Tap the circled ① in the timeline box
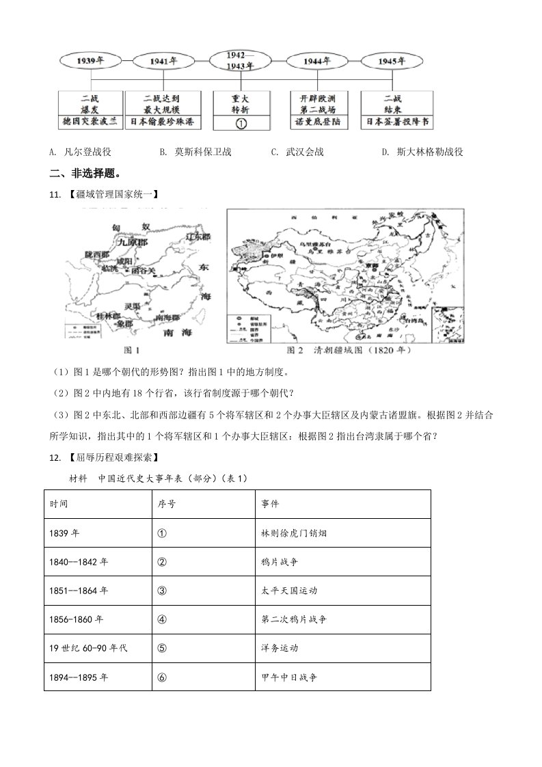coord(241,123)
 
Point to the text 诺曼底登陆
coord(318,122)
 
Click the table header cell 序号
coord(167,504)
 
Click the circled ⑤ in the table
coord(162,647)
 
